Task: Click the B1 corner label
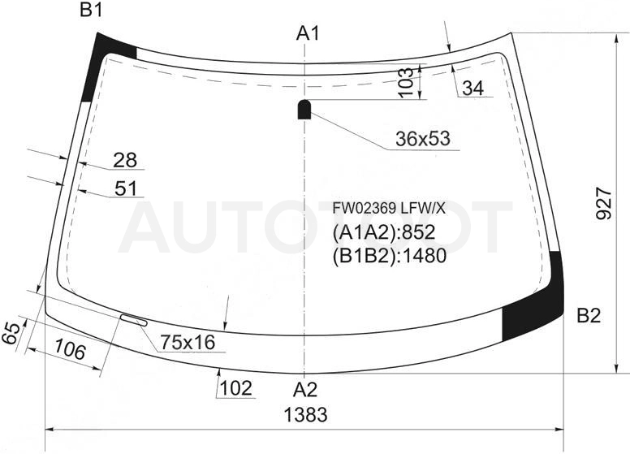tap(91, 10)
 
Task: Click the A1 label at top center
tap(308, 33)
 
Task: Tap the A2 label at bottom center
tap(305, 389)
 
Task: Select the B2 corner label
tap(589, 316)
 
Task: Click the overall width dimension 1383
tap(306, 414)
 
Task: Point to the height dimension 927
tap(603, 203)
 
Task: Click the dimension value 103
tap(406, 82)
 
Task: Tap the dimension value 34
tap(473, 88)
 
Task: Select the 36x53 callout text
tap(423, 139)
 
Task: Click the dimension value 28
tap(125, 160)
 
